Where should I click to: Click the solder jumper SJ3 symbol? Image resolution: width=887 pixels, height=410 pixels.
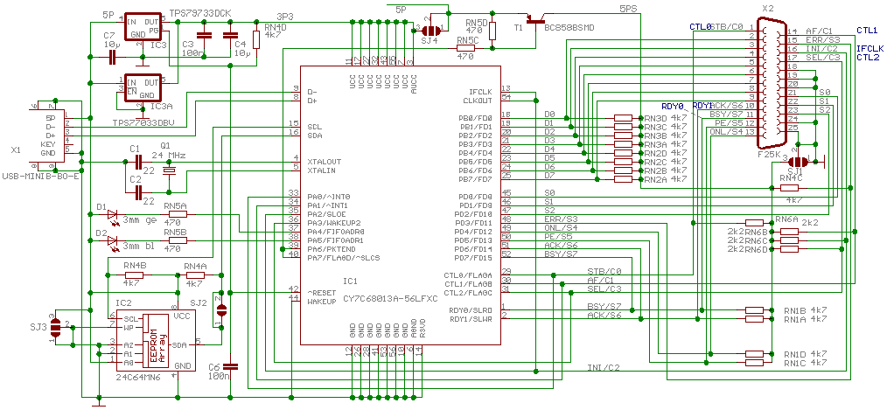(58, 328)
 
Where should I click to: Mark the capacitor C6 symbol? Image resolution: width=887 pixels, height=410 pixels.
(229, 366)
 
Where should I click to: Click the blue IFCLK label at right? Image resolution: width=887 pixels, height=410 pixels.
(870, 48)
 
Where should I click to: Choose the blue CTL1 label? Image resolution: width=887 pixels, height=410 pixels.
(867, 30)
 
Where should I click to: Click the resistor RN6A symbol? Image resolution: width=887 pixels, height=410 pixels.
(756, 222)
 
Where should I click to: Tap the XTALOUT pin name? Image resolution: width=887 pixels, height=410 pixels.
(325, 162)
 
